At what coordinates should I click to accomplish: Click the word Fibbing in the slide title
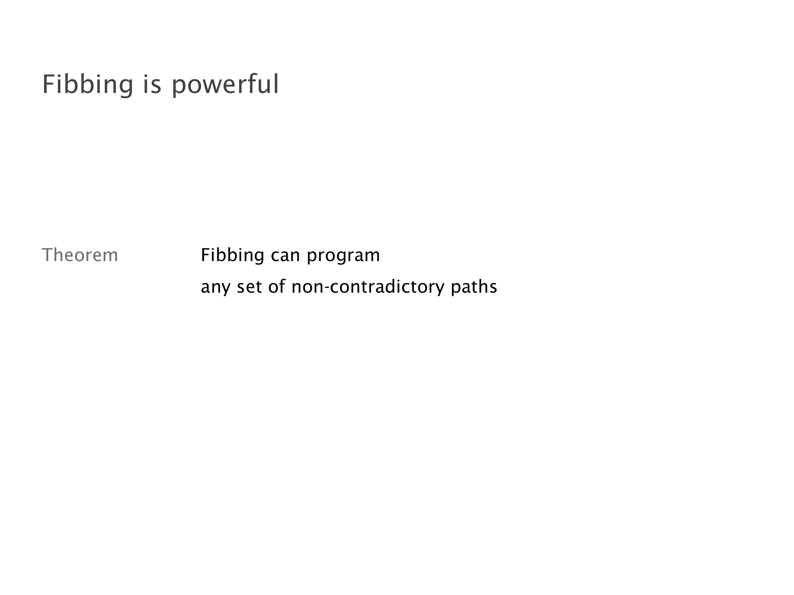[x=88, y=84]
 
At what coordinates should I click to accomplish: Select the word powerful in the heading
[x=225, y=84]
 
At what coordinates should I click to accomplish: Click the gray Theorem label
[x=80, y=255]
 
